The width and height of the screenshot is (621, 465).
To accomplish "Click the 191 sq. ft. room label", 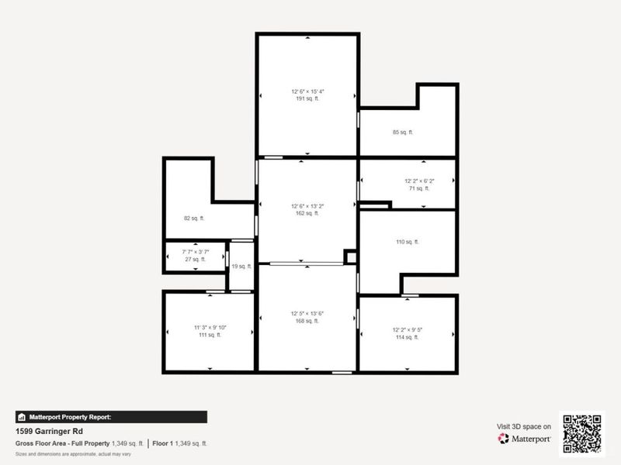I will pyautogui.click(x=307, y=99).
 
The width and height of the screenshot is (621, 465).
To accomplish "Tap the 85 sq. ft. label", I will pyautogui.click(x=403, y=132).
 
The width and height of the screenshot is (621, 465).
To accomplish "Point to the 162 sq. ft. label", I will pyautogui.click(x=307, y=213).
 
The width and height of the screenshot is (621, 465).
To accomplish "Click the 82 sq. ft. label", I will pyautogui.click(x=193, y=219).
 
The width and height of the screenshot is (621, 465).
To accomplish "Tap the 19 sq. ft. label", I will pyautogui.click(x=242, y=267).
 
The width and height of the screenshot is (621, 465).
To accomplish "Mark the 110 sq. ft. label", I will pyautogui.click(x=407, y=242).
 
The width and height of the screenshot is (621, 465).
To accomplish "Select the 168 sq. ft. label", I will pyautogui.click(x=307, y=321).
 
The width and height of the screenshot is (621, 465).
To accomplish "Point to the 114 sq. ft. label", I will pyautogui.click(x=407, y=337).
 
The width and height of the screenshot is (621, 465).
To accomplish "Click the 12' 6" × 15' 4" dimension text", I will pyautogui.click(x=307, y=91).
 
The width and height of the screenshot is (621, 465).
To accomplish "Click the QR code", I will pyautogui.click(x=582, y=433).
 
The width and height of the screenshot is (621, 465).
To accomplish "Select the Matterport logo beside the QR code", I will pyautogui.click(x=525, y=439).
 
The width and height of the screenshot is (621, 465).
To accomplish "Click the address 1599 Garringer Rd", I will pyautogui.click(x=50, y=431).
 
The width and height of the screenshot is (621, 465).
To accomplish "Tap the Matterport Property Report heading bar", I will pyautogui.click(x=111, y=417).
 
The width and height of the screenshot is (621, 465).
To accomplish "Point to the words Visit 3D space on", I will pyautogui.click(x=524, y=426).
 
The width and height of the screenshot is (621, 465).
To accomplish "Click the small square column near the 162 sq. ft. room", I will pyautogui.click(x=350, y=257).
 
